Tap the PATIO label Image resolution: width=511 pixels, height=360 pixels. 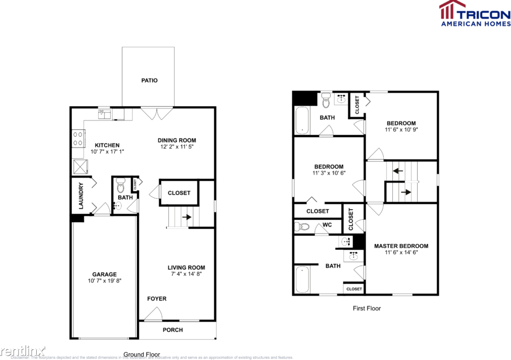149,80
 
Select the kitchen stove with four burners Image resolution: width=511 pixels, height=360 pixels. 78,139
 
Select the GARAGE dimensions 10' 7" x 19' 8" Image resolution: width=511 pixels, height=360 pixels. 105,280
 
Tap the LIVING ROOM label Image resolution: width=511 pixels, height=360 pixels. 186,267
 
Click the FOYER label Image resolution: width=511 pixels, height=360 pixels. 157,298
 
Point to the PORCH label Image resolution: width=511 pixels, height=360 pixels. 172,329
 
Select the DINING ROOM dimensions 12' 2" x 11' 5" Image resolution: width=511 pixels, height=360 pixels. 177,147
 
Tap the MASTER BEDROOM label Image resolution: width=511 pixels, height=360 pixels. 401,246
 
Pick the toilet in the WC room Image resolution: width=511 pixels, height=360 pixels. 302,227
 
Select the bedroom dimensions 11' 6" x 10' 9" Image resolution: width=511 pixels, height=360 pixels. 401,129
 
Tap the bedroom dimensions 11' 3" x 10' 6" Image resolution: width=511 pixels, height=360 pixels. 328,173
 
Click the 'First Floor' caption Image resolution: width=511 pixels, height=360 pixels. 366,308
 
